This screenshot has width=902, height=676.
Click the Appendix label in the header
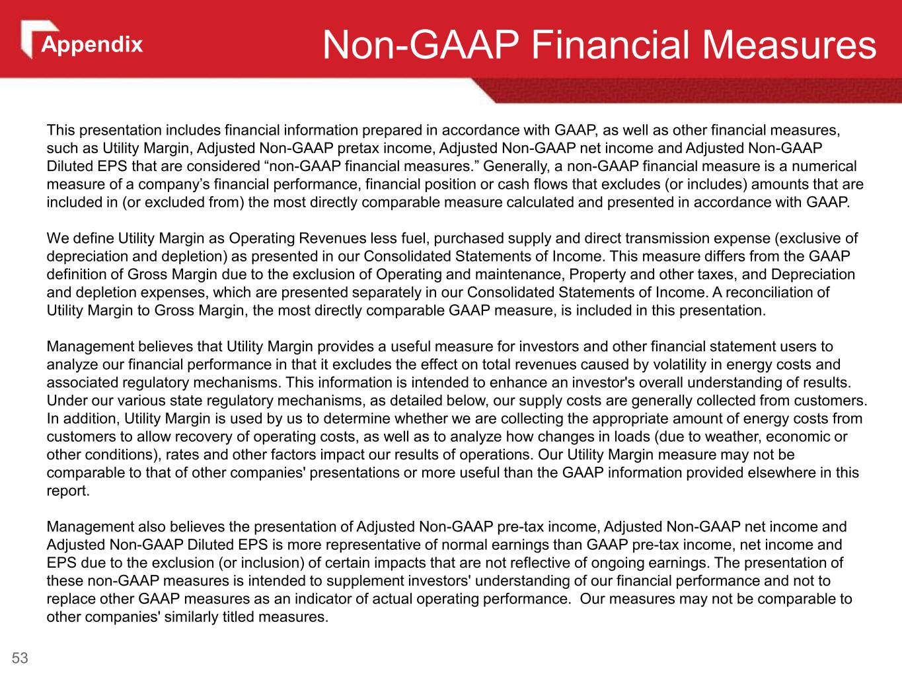click(92, 45)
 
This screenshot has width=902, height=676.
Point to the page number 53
click(20, 658)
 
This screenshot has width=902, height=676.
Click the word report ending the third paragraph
click(66, 491)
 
